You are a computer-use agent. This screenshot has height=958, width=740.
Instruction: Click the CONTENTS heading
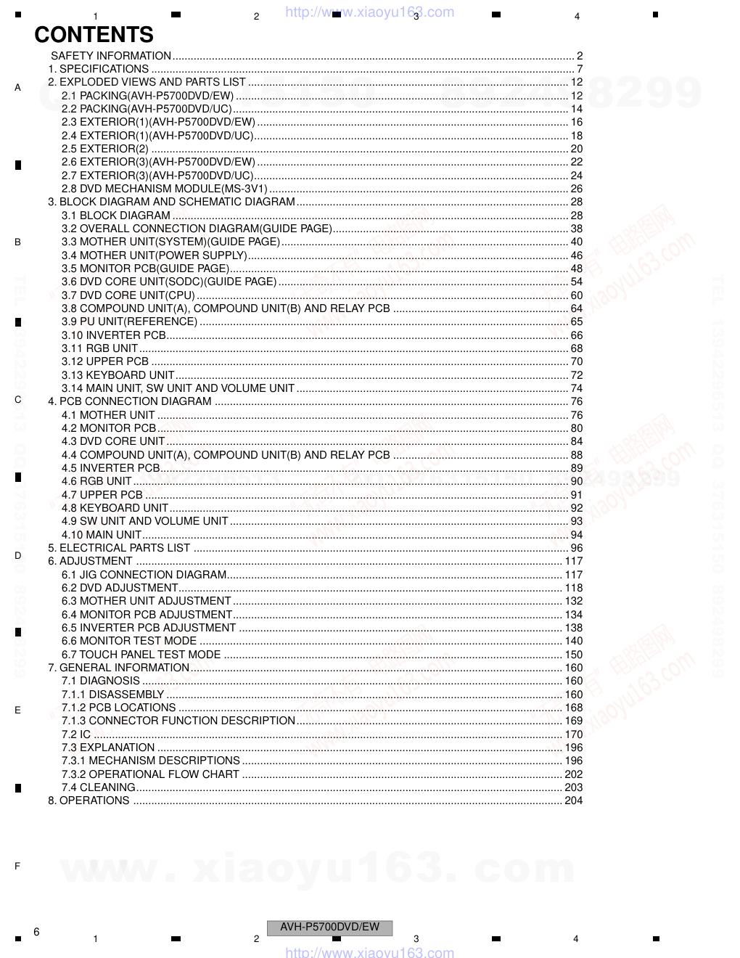(x=94, y=35)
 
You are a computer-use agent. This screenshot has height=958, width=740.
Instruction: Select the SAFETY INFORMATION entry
(x=111, y=56)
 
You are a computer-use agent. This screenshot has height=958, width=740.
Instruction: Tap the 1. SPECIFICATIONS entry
(x=98, y=69)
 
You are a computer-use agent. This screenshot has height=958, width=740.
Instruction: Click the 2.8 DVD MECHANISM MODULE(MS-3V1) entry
(x=165, y=189)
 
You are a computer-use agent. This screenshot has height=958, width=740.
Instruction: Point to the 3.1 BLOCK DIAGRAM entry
(x=116, y=216)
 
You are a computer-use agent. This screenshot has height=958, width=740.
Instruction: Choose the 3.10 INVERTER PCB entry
(x=114, y=335)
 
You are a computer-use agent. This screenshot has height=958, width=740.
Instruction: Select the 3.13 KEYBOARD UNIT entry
(x=118, y=375)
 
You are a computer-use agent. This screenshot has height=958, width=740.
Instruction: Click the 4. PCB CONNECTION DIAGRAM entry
(x=130, y=401)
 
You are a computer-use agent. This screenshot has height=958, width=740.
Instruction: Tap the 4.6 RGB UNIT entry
(x=96, y=481)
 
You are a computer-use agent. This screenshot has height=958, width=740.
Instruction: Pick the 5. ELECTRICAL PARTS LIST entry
(x=119, y=548)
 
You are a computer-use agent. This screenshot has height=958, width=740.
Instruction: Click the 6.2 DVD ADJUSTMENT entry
(x=120, y=588)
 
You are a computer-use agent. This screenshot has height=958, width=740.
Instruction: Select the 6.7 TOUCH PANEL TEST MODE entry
(x=141, y=655)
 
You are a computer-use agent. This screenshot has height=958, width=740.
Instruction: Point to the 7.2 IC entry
(x=76, y=734)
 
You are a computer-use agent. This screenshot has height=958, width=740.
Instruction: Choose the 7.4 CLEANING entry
(x=98, y=787)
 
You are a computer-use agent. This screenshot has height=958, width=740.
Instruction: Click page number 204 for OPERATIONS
(x=573, y=801)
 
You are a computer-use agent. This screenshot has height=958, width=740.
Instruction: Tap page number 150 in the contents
(x=573, y=655)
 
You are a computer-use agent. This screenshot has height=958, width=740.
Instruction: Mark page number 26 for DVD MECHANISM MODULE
(x=576, y=189)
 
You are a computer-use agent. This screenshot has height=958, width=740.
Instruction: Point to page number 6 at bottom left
(x=36, y=932)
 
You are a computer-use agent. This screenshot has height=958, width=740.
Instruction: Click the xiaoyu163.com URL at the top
(x=370, y=12)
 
